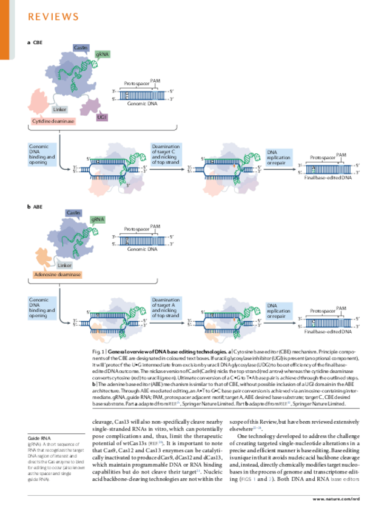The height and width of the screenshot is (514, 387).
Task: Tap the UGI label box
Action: point(102,116)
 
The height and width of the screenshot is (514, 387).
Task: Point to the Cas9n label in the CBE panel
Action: point(80,47)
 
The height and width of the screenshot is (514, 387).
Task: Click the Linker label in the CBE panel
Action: point(59,110)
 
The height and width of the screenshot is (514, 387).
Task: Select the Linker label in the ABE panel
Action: point(64,265)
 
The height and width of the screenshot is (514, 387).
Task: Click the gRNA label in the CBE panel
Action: point(103,55)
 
